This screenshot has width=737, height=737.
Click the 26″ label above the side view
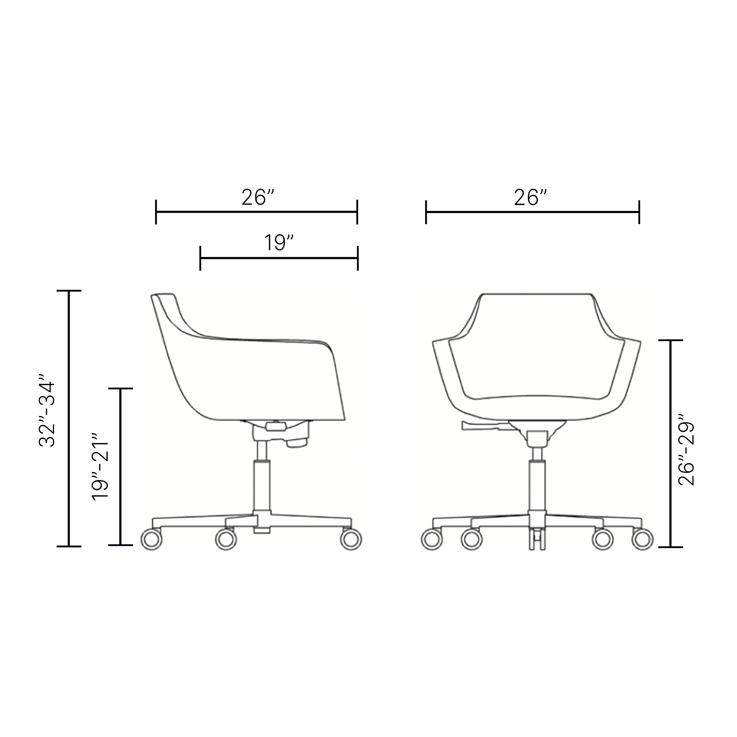tap(258, 197)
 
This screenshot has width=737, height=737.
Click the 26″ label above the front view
tap(530, 197)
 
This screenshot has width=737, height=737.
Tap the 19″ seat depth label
tap(279, 243)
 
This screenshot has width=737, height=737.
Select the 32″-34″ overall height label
tap(47, 410)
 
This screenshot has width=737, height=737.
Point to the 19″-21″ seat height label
tap(100, 466)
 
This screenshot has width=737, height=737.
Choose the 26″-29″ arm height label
tap(686, 450)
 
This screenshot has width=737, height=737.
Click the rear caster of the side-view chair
tap(151, 539)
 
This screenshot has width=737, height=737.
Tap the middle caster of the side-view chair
tap(226, 539)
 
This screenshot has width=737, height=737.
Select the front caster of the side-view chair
tap(351, 539)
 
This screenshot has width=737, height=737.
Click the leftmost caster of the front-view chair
tap(432, 539)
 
